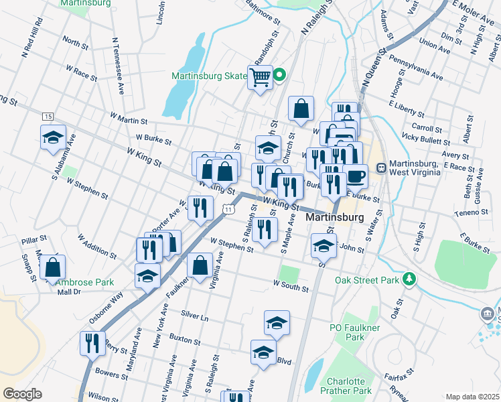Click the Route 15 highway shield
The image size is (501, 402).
click(x=47, y=117)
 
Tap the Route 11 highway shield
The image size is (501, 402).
click(x=228, y=210)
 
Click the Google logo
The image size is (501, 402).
click(x=22, y=394)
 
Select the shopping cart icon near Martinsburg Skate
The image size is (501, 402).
click(x=260, y=76)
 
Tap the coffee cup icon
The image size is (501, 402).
click(x=356, y=176)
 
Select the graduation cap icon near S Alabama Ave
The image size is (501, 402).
click(x=53, y=138)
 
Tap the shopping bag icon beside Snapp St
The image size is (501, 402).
click(x=53, y=268)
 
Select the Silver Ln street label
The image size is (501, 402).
click(x=195, y=314)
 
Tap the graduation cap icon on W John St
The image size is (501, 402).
click(x=324, y=245)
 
